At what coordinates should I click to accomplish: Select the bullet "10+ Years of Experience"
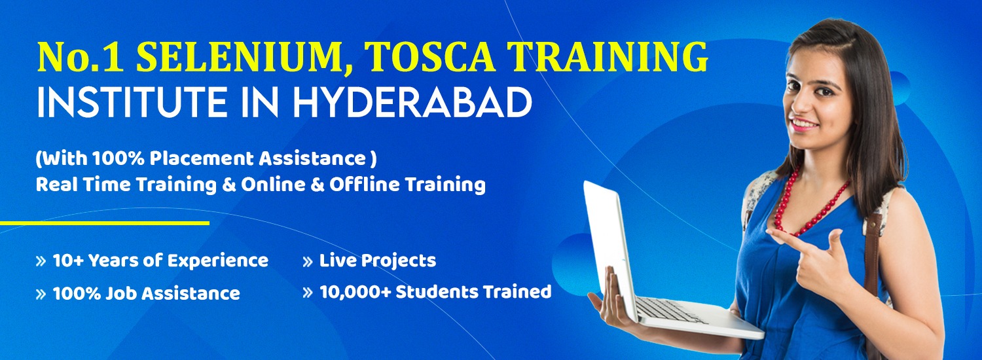point(160,261)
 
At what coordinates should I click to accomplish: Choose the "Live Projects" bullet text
point(377,261)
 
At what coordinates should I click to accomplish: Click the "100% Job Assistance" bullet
point(146,293)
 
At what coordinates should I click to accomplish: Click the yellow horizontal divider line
point(105,223)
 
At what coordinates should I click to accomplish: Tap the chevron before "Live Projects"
point(307,262)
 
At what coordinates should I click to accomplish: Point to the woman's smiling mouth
point(805,123)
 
